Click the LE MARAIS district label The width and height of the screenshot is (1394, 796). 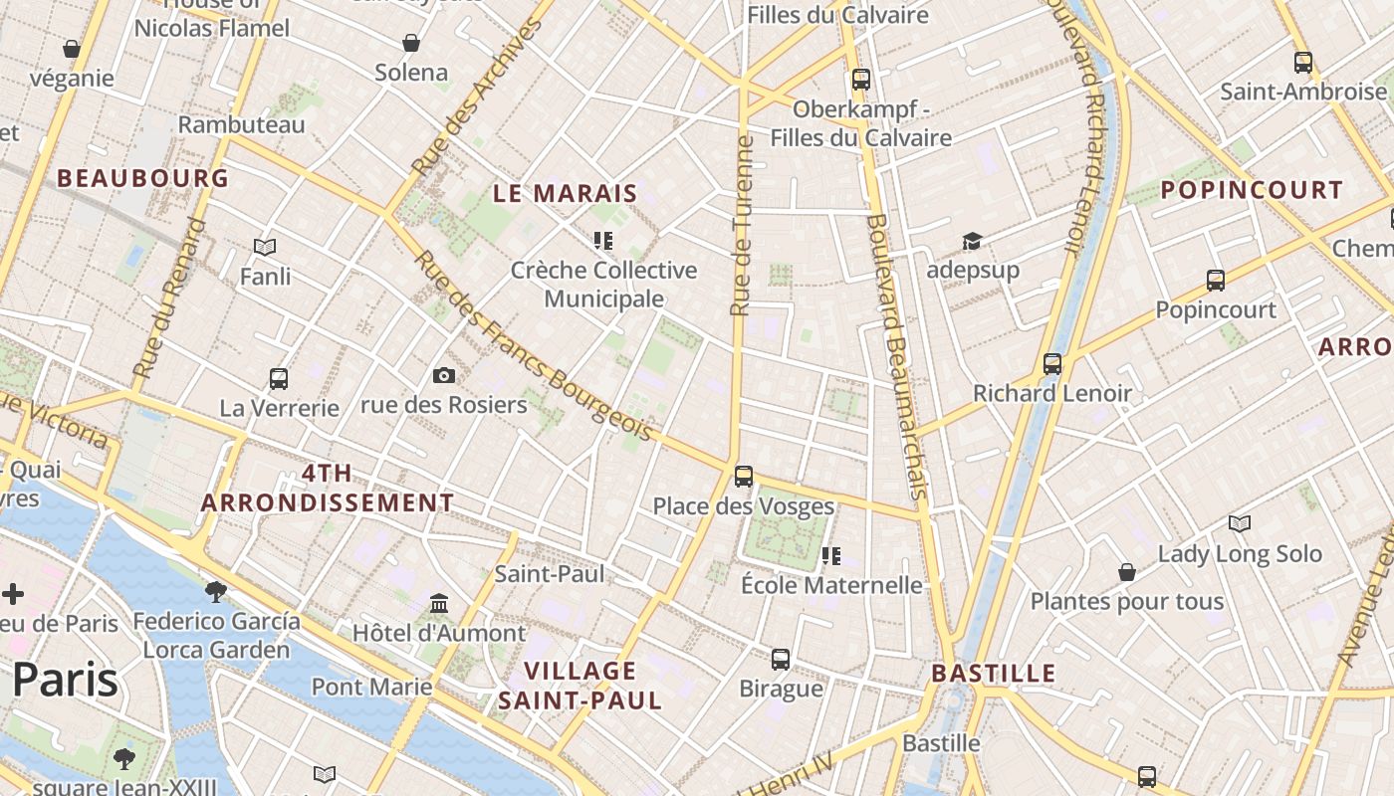(565, 193)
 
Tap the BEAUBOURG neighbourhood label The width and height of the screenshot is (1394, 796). (143, 179)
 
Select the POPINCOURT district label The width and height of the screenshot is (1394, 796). (1252, 190)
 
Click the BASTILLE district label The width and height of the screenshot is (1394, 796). (993, 674)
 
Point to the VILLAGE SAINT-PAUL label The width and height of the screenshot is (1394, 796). (580, 686)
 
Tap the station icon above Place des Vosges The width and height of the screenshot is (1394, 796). (744, 477)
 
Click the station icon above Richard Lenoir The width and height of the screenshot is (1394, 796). (1052, 364)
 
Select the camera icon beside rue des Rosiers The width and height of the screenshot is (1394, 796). (444, 375)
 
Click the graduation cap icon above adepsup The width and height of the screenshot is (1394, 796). (972, 241)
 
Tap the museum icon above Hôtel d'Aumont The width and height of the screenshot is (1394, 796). (439, 603)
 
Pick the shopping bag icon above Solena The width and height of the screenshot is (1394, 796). (410, 43)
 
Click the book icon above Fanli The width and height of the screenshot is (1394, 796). (265, 247)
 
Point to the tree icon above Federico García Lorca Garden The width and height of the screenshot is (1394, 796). (215, 592)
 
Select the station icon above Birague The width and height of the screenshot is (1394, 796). (781, 659)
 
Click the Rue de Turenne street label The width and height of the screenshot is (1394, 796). (742, 227)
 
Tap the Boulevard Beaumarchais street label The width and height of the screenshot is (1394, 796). (898, 355)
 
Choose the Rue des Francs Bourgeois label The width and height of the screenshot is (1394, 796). (534, 345)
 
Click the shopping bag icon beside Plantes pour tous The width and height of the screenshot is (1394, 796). (1127, 572)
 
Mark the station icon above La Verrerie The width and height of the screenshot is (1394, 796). (279, 379)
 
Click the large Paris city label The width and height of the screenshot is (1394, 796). (65, 681)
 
